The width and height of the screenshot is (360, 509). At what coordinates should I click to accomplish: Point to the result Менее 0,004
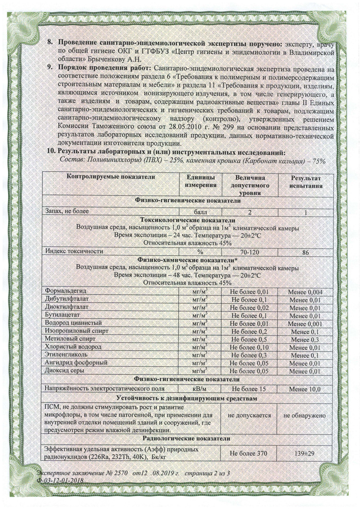coord(305,292)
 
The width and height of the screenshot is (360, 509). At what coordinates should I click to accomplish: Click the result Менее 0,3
coord(305,339)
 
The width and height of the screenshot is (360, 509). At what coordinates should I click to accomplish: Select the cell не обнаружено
coord(305,416)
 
